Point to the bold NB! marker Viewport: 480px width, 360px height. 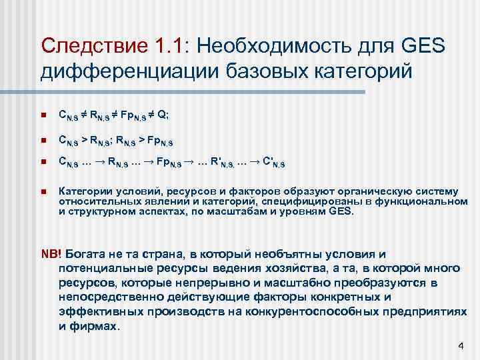[x=51, y=255]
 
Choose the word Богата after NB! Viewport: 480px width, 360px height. [x=87, y=255]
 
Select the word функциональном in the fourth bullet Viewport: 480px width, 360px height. [x=408, y=201]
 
